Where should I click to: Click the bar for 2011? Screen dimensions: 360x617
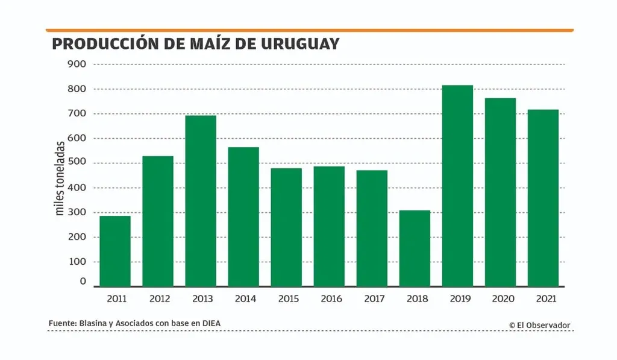tap(115, 251)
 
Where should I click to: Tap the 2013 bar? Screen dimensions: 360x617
tap(201, 201)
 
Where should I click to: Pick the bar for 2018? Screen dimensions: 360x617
tap(415, 248)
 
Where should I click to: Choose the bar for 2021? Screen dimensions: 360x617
tap(543, 198)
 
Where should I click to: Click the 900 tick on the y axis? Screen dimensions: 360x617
tap(77, 64)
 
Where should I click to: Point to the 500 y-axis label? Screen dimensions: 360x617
tap(77, 163)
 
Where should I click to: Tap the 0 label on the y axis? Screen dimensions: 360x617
tap(83, 282)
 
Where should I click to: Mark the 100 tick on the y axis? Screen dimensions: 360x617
tap(77, 262)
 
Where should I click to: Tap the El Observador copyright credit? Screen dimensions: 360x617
tap(539, 325)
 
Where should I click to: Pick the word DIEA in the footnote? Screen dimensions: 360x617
tap(210, 324)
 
